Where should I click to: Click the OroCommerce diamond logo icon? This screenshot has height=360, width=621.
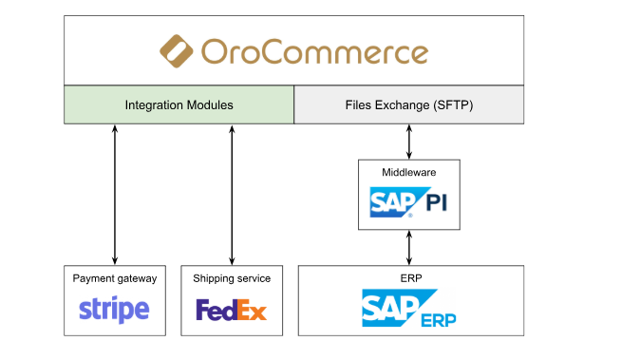(177, 51)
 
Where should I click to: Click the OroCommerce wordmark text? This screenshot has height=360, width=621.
(315, 51)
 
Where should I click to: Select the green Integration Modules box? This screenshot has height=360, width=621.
(179, 104)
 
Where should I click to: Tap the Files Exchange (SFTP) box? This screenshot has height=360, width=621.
(408, 104)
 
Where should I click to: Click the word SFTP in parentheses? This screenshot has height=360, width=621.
(453, 104)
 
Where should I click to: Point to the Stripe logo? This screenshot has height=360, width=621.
(114, 310)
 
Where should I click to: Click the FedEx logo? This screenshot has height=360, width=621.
(232, 310)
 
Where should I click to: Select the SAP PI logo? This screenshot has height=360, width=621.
(408, 202)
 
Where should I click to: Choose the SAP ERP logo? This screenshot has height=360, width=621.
(408, 308)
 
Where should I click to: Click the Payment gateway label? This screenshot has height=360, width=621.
(115, 278)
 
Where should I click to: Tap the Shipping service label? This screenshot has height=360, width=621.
(232, 278)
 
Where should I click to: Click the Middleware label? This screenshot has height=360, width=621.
(408, 172)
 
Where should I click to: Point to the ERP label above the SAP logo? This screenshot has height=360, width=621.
(411, 278)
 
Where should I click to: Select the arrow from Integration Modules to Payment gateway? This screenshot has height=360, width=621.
(115, 195)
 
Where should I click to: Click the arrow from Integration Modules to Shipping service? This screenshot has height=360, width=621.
(232, 195)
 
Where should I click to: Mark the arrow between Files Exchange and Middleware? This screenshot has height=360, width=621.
(409, 142)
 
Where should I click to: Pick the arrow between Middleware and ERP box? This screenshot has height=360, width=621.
(409, 248)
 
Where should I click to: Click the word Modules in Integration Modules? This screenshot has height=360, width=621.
(210, 104)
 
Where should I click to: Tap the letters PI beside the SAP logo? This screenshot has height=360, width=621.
(437, 202)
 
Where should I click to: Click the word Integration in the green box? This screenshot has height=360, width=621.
(155, 105)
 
